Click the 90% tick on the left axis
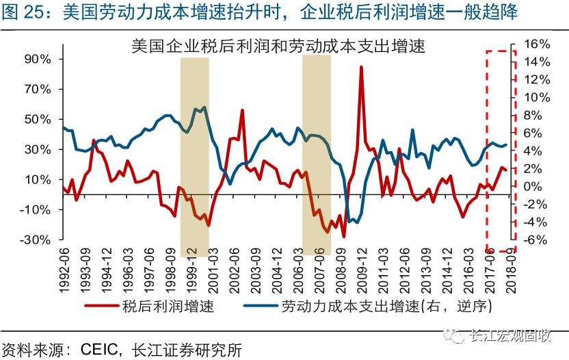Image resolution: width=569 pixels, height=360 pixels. [38, 59]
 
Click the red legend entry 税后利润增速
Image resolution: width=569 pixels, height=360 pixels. [168, 306]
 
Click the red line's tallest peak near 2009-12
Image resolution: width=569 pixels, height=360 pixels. [360, 67]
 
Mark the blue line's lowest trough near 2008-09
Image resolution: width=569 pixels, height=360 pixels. [349, 222]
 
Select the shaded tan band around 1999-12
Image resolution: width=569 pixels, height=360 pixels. [194, 154]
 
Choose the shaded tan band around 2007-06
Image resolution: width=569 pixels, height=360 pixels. [316, 154]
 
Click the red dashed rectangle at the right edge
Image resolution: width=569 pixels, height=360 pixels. [501, 151]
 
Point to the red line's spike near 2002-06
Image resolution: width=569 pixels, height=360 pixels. [242, 110]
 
